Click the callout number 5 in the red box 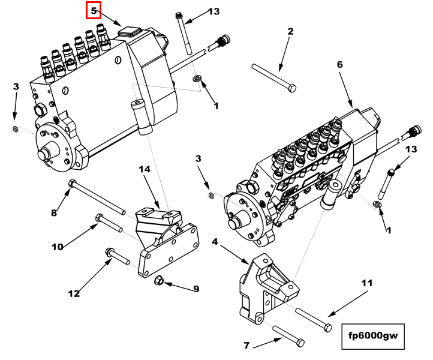click(94, 10)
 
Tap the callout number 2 click(290, 32)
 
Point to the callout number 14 click(145, 170)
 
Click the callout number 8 click(53, 212)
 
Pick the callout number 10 click(58, 247)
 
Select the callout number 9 click(196, 289)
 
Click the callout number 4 click(215, 242)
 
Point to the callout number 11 click(366, 282)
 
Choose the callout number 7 click(246, 345)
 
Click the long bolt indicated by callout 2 click(273, 77)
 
